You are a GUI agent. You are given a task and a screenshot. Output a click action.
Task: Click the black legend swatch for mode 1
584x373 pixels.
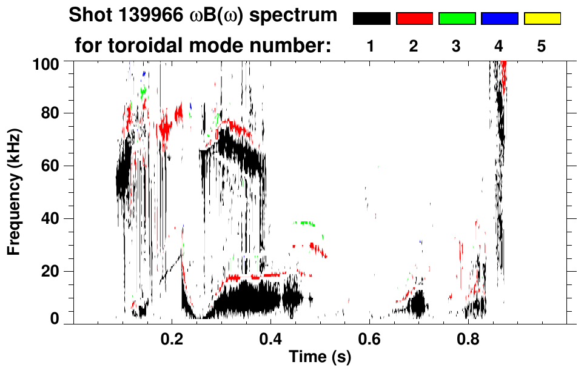point(371,19)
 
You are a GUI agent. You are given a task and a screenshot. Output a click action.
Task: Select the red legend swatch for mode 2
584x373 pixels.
point(414,19)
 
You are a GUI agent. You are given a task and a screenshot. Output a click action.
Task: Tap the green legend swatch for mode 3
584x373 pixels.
point(457,19)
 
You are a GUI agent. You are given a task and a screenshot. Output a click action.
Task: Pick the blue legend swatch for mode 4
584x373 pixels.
point(499,19)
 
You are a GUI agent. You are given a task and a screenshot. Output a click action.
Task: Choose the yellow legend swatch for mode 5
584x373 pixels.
point(542,19)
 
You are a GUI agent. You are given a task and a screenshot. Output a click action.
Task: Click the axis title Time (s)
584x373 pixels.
point(319,357)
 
